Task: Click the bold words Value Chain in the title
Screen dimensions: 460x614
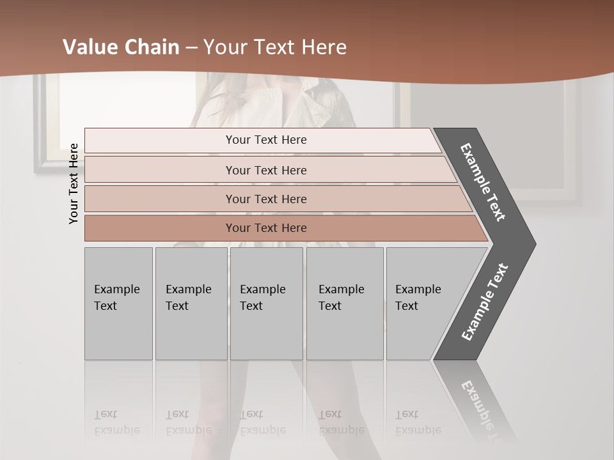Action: [121, 47]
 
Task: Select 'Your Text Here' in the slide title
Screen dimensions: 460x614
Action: [275, 47]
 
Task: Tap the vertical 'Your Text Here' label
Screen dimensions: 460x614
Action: [74, 183]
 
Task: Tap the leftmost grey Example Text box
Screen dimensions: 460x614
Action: [118, 303]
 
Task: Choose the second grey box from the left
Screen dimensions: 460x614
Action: [191, 303]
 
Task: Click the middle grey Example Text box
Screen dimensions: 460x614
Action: [266, 303]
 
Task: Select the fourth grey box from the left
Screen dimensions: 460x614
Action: [345, 303]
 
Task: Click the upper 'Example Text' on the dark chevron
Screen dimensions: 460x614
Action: [483, 182]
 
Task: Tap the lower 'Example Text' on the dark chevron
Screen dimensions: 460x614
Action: [485, 302]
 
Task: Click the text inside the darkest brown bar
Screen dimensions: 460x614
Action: [266, 228]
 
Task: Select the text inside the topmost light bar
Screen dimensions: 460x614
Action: [266, 140]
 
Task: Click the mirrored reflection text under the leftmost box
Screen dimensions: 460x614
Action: [116, 422]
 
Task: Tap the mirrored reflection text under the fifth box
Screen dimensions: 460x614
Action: [418, 422]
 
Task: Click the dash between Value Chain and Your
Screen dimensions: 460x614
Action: [191, 48]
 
